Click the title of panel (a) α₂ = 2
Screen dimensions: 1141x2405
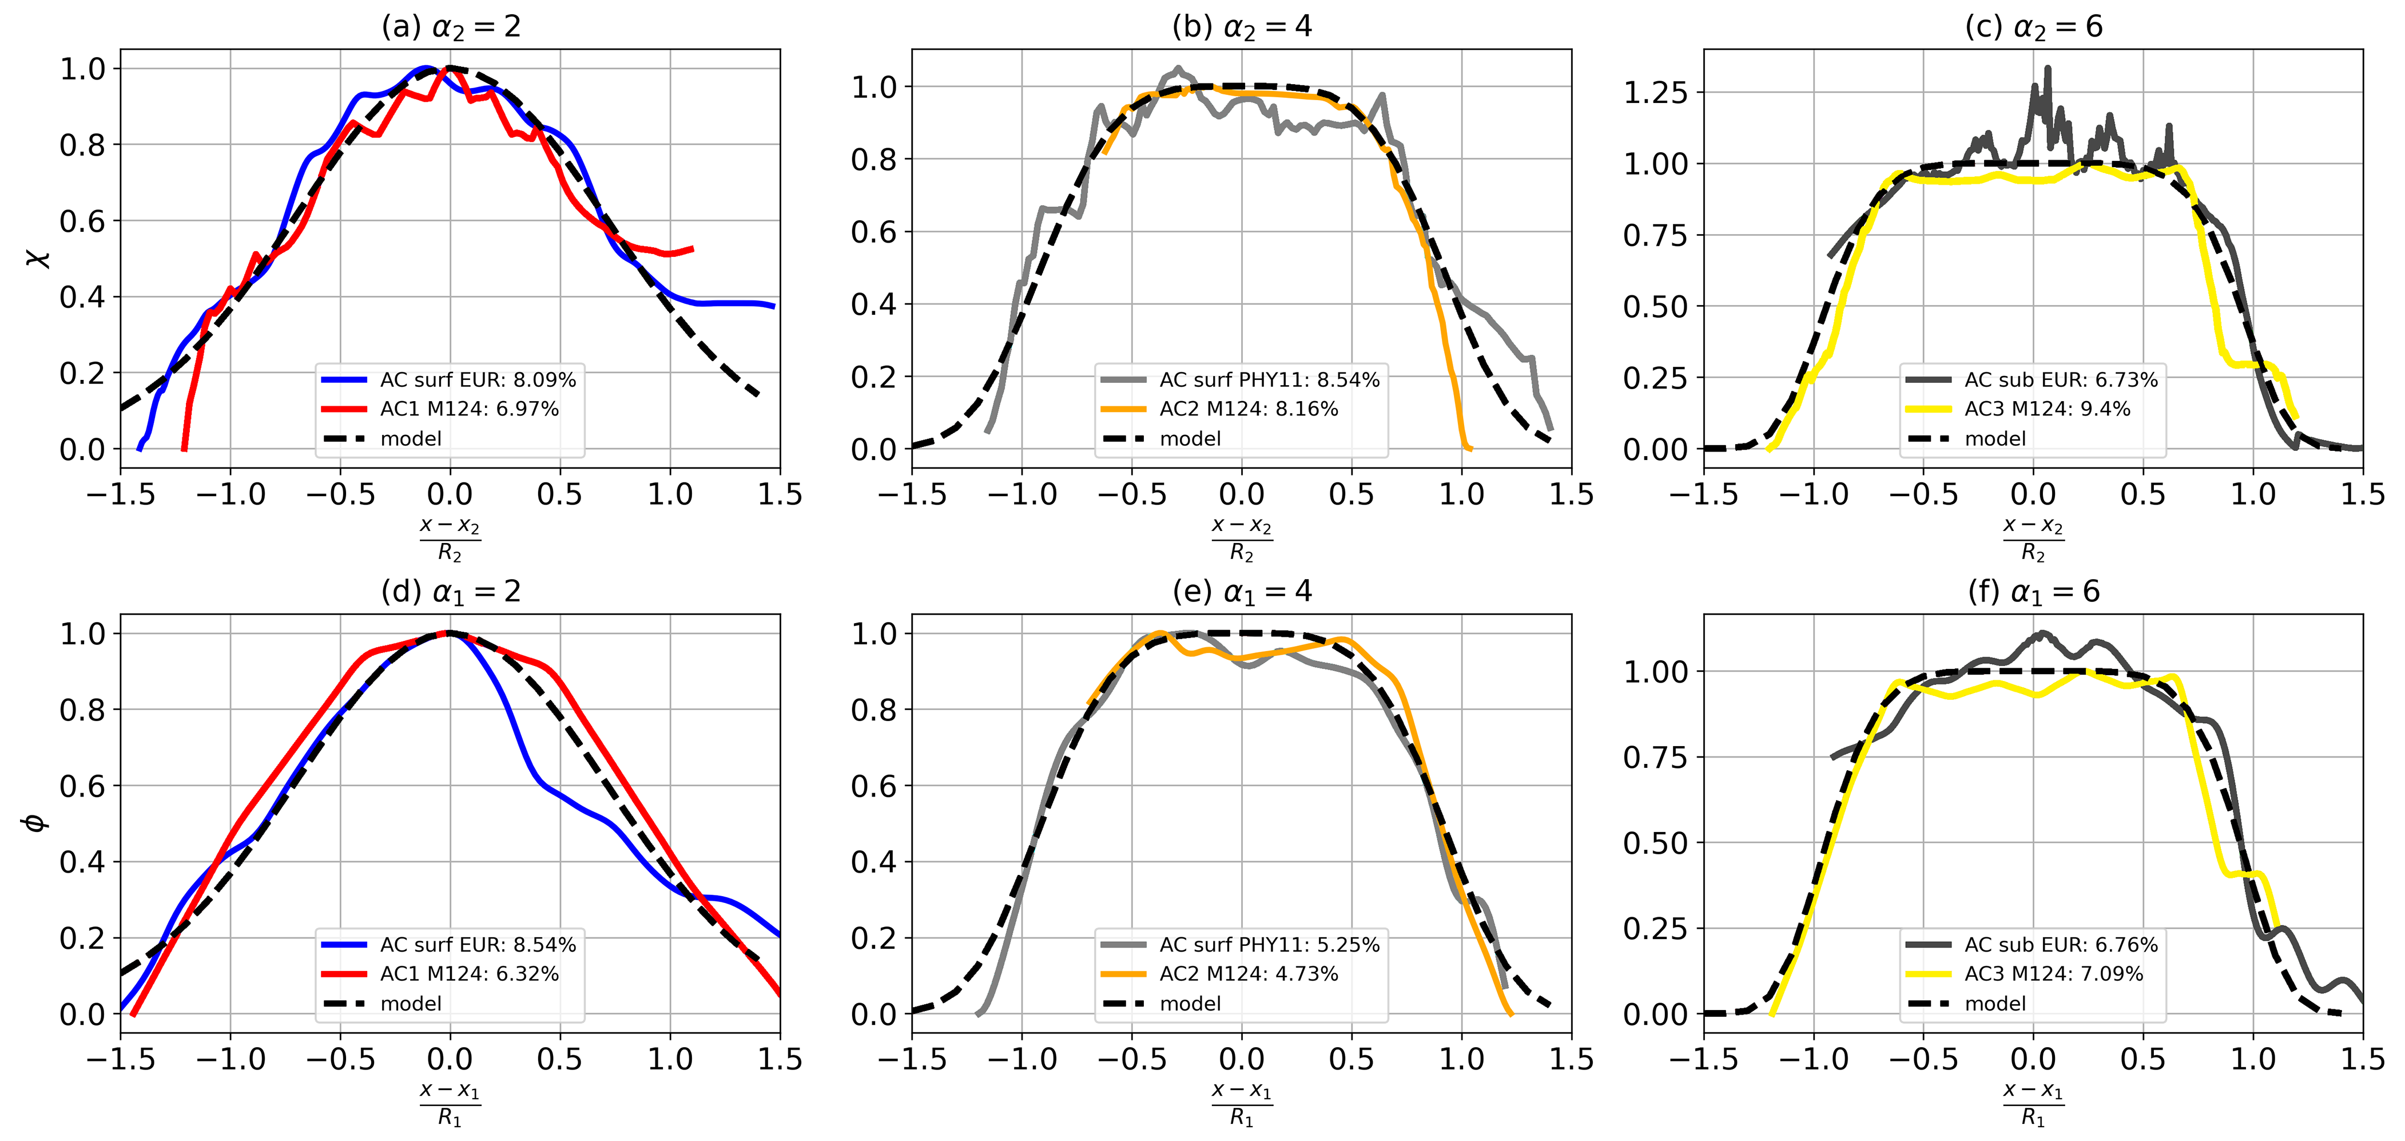[x=450, y=26]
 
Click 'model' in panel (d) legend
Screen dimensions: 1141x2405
[x=411, y=1004]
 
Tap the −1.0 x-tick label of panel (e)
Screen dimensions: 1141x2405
[x=1021, y=1059]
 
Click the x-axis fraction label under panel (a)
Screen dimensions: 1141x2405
[x=450, y=539]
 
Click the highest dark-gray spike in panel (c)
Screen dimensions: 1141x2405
[x=2048, y=68]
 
